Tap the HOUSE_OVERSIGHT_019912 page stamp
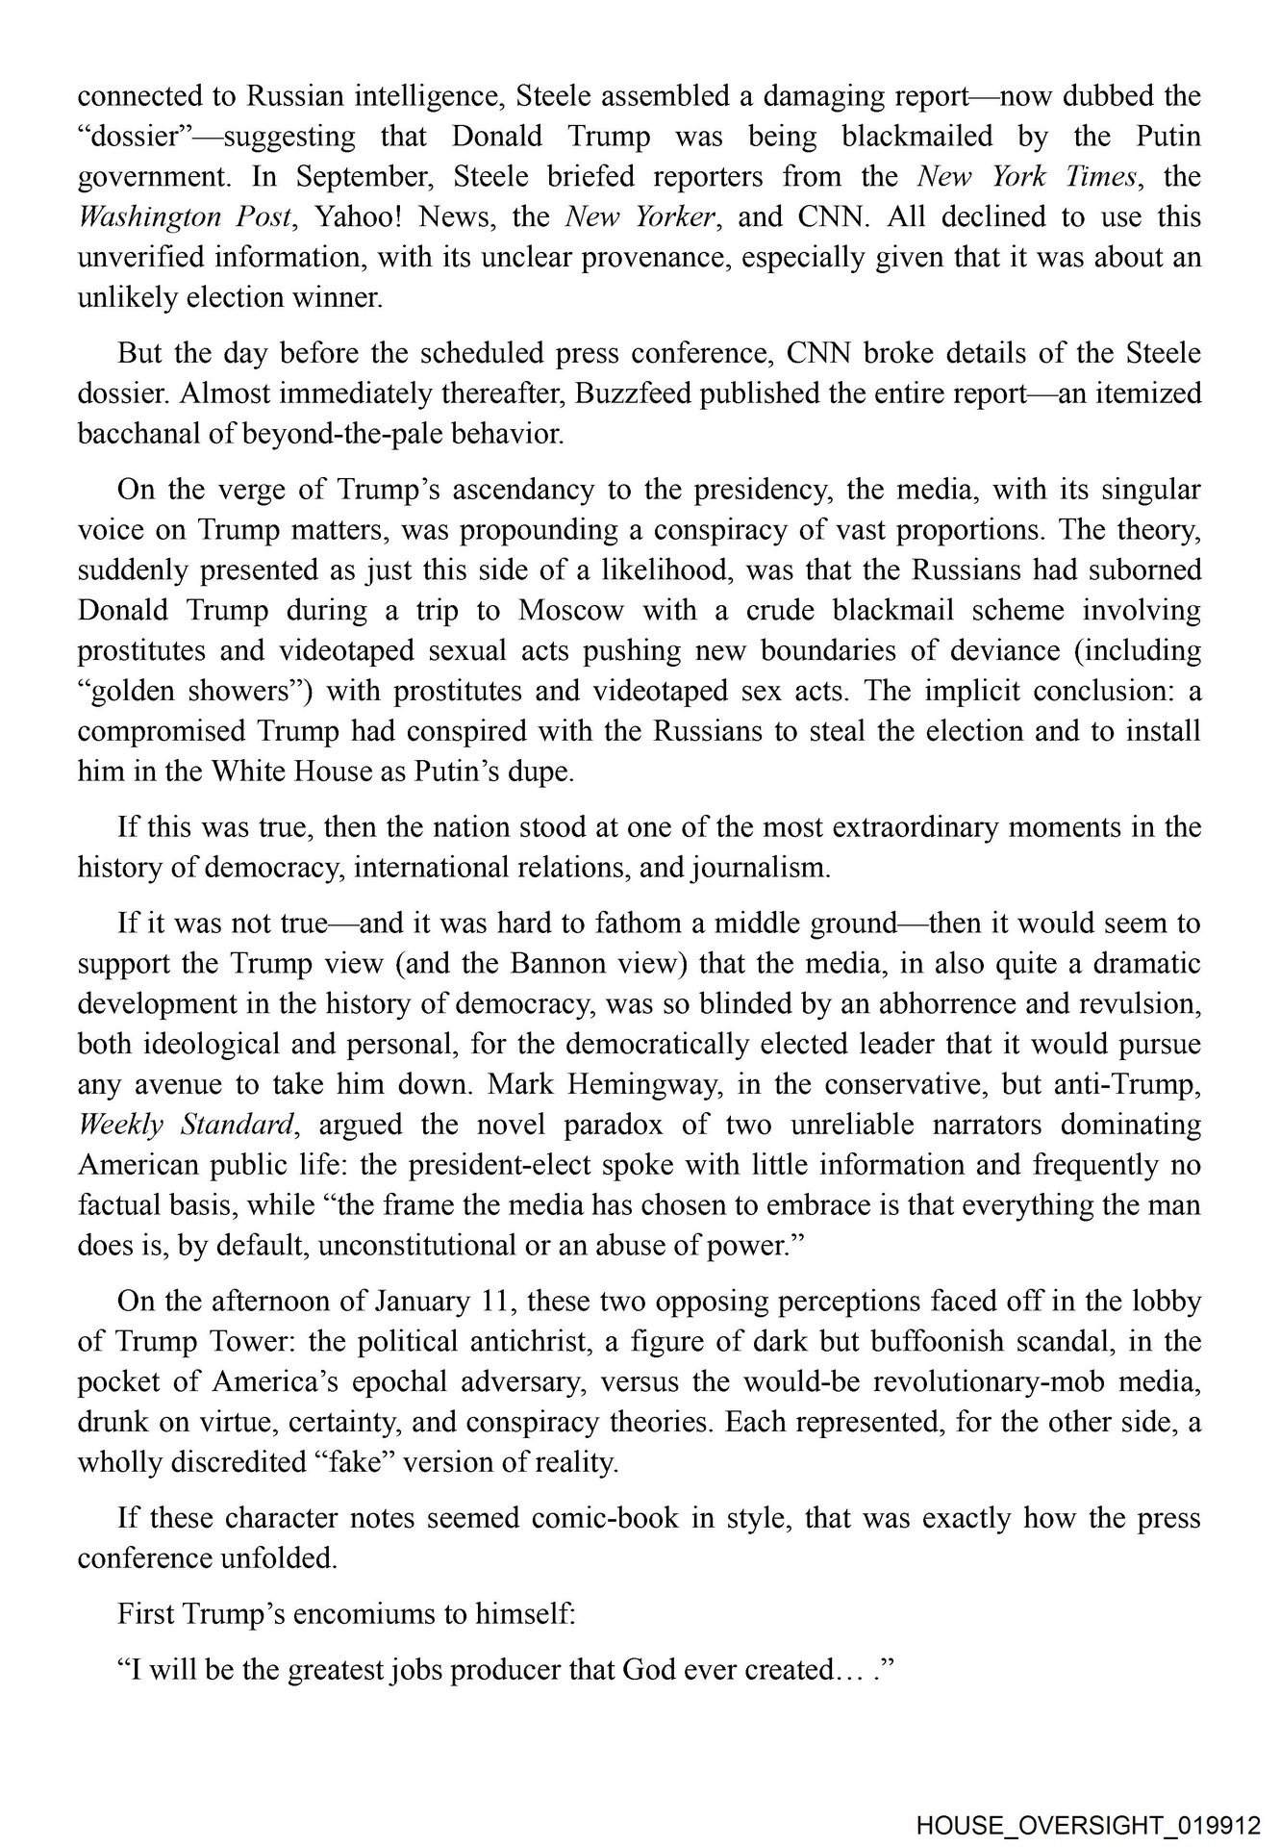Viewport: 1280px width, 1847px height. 1088,1824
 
